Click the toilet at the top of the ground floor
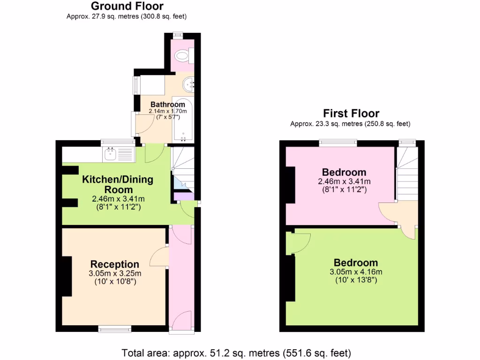pyautogui.click(x=181, y=57)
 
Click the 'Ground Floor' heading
pyautogui.click(x=127, y=7)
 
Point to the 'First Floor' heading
pyautogui.click(x=351, y=113)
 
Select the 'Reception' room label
pyautogui.click(x=115, y=264)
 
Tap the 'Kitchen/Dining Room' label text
pyautogui.click(x=118, y=184)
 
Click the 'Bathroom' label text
pyautogui.click(x=167, y=104)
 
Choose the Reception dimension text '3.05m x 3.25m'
pyautogui.click(x=115, y=273)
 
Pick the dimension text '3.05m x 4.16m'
pyautogui.click(x=356, y=271)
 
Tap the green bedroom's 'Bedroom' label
pyautogui.click(x=356, y=262)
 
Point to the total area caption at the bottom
pyautogui.click(x=236, y=352)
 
